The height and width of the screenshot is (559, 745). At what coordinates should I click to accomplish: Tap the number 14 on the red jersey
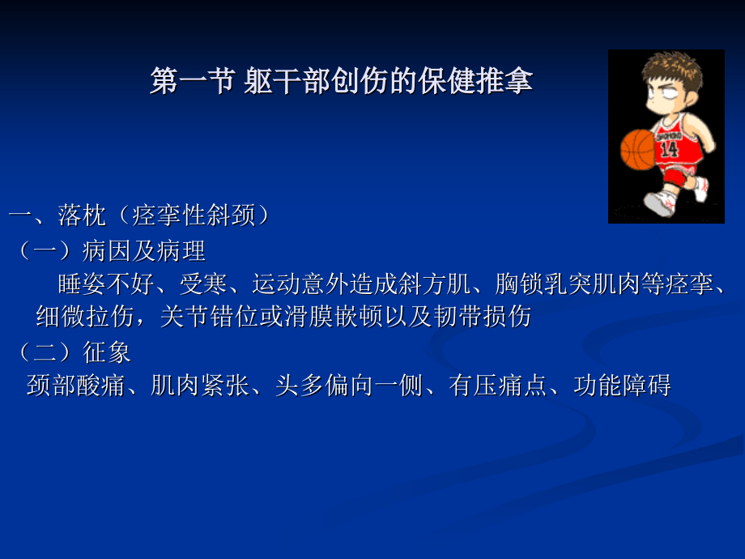[670, 150]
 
